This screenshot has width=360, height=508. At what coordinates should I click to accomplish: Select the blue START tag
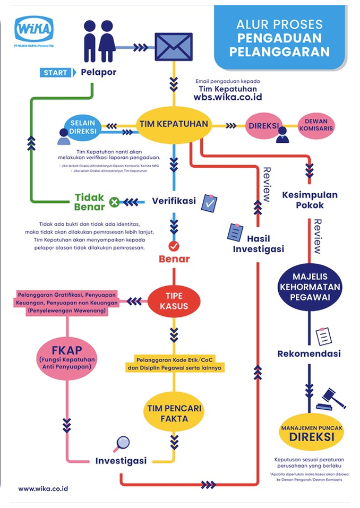click(x=56, y=72)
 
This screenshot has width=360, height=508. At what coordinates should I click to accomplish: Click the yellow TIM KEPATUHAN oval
click(x=173, y=124)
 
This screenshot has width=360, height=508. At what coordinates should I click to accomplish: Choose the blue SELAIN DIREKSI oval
click(x=83, y=127)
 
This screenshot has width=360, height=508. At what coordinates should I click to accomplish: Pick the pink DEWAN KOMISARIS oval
click(x=319, y=125)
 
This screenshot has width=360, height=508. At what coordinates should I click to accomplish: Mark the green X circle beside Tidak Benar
click(x=114, y=202)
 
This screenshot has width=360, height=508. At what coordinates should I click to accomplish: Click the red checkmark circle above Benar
click(x=173, y=246)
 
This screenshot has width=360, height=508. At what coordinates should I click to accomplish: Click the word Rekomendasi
click(x=309, y=354)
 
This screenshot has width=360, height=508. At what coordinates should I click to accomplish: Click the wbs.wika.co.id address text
click(x=227, y=98)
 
